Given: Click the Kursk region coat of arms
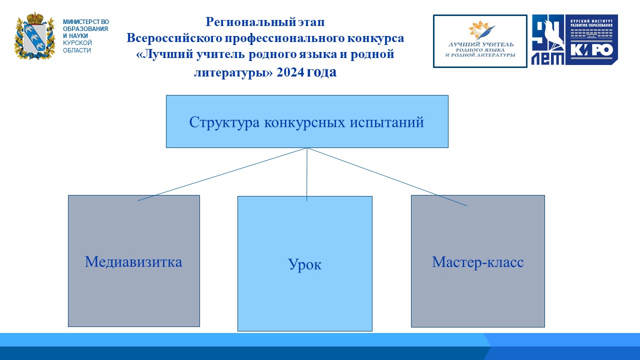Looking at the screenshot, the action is [34, 36].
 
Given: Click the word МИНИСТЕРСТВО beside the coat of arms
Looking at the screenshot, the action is [85, 22].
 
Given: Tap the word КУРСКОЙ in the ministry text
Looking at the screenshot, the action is [77, 43].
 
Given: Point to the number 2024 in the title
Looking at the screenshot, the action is [290, 72].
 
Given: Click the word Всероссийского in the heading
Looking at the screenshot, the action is [174, 38].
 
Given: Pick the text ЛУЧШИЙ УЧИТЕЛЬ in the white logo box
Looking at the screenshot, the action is [480, 44].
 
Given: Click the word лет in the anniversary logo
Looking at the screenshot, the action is [547, 58].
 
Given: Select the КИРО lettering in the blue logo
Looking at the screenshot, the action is [591, 50].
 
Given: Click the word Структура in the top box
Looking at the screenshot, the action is [224, 122].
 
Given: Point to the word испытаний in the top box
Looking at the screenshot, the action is [387, 123].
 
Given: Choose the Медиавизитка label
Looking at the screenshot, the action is [133, 261].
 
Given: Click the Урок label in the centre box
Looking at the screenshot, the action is [304, 264].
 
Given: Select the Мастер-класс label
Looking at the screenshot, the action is [477, 262].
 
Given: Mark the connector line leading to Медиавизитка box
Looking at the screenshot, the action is [221, 174].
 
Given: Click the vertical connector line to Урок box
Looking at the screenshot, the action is [307, 174].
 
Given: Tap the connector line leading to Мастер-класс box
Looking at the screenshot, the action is [387, 177].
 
